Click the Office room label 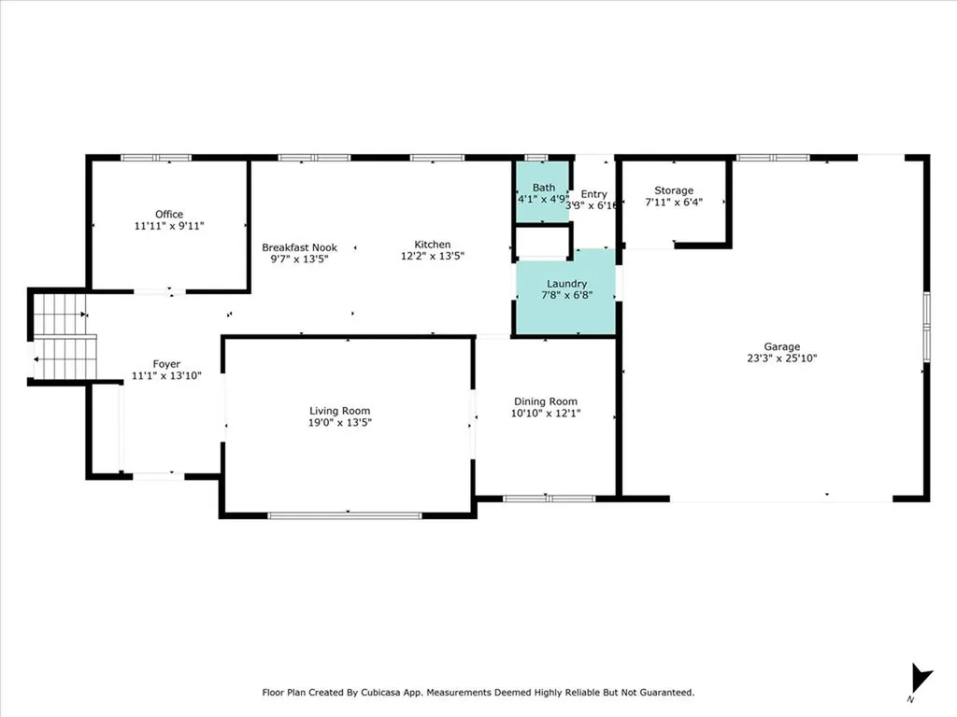coord(169,214)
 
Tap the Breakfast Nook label coord(299,247)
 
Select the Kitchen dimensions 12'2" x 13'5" coord(432,257)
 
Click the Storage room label coord(673,190)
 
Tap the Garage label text coord(781,346)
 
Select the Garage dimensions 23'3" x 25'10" coord(781,358)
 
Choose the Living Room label coord(340,411)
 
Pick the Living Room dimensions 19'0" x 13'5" coord(340,422)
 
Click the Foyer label coord(166,364)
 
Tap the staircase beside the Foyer coord(64,336)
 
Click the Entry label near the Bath coord(593,194)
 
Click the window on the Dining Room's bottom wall coord(550,499)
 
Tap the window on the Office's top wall coord(156,158)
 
